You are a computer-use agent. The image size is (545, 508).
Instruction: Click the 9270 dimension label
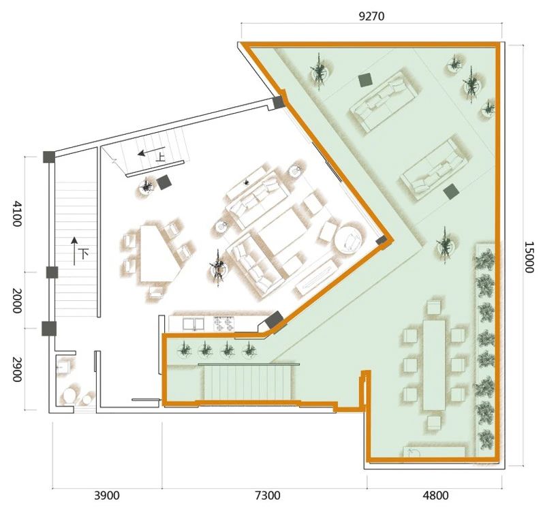point(371,16)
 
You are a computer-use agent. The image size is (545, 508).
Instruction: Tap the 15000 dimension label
point(529,257)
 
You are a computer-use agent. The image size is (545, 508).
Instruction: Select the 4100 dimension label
point(16,213)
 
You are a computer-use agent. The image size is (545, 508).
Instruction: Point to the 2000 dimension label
point(16,300)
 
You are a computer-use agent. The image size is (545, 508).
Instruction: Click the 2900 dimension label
point(16,369)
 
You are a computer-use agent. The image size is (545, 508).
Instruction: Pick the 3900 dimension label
point(107,496)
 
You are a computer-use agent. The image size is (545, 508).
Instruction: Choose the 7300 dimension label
point(267,496)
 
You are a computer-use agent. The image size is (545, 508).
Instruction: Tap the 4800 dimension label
point(435,496)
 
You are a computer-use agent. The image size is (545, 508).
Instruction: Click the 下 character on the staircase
point(83,253)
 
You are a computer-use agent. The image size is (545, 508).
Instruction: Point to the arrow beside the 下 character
point(74,251)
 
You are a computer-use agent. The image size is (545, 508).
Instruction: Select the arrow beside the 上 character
point(146,153)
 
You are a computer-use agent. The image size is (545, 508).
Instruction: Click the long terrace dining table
point(434,365)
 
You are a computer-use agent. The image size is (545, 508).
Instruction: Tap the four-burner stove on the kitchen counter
point(224,323)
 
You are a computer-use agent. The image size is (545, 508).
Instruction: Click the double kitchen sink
point(193,323)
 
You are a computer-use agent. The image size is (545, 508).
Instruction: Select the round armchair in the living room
point(349,240)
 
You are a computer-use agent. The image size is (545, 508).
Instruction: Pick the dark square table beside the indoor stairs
point(163,182)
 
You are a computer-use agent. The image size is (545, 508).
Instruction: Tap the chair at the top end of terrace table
point(434,308)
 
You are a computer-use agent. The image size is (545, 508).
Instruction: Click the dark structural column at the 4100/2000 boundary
point(52,272)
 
